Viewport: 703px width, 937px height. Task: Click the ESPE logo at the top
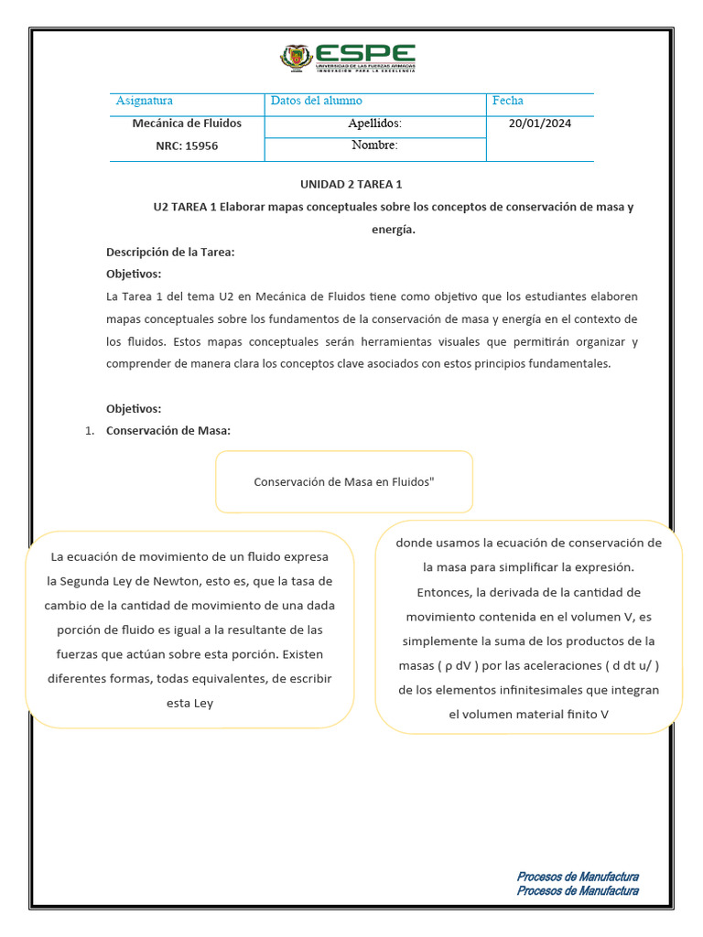(348, 58)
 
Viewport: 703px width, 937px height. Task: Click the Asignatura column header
(144, 101)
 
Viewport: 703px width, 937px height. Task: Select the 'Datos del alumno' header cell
(317, 101)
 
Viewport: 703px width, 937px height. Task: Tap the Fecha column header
(508, 101)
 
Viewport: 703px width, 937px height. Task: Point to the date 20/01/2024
(539, 124)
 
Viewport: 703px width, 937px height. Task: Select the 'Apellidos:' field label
(374, 124)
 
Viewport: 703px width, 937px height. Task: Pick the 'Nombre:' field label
(374, 145)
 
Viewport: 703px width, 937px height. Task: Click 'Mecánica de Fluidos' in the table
(188, 124)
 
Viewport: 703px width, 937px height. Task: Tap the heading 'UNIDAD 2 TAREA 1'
(351, 184)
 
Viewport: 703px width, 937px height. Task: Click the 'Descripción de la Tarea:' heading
(170, 252)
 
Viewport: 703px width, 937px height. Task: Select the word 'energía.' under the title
(394, 230)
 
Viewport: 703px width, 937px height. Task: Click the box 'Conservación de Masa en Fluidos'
(344, 481)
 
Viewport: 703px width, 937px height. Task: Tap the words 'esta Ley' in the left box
(189, 704)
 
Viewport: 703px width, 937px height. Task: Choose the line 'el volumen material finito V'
(528, 715)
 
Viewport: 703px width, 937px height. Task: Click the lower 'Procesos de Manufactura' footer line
(578, 890)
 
